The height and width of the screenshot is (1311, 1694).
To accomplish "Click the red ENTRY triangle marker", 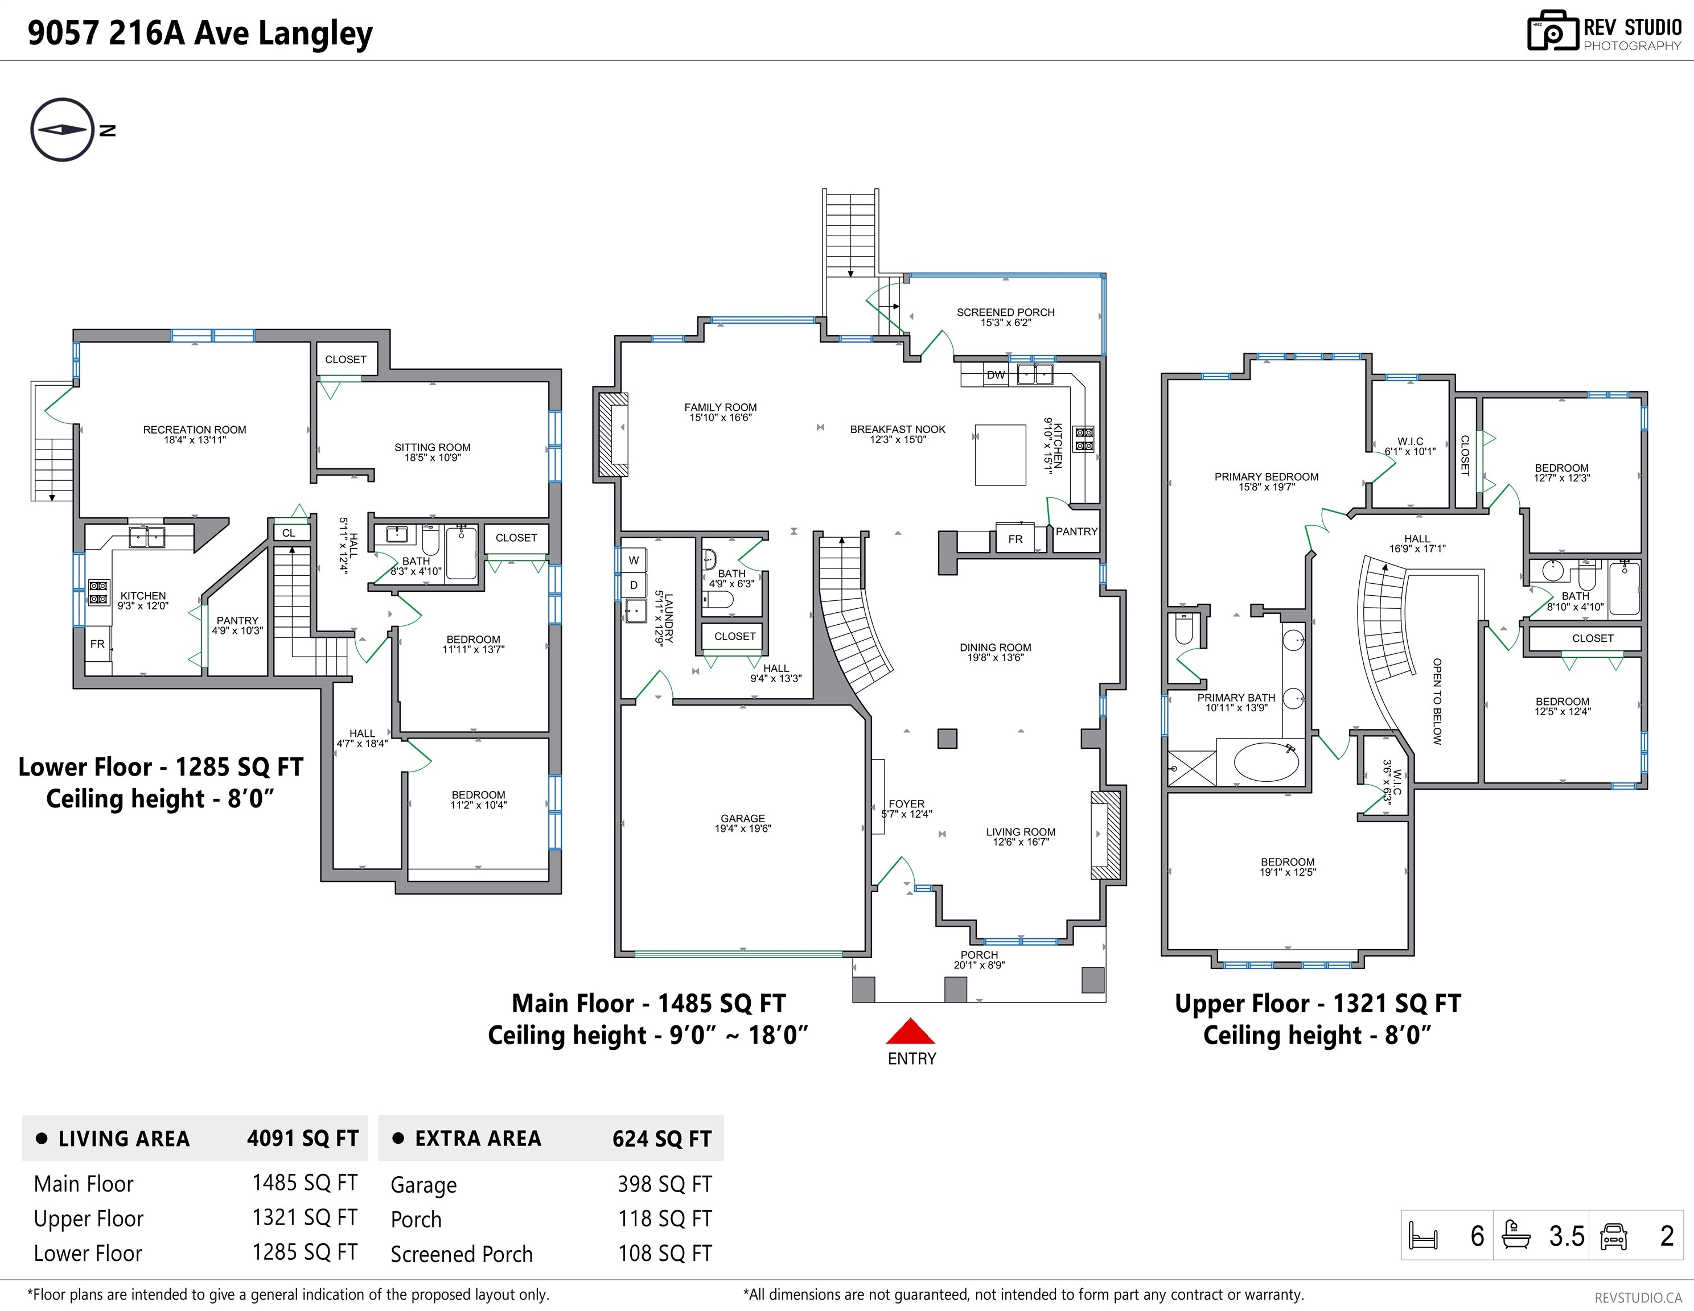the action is (x=911, y=1031).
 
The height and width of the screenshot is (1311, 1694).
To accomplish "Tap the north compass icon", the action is (x=63, y=130).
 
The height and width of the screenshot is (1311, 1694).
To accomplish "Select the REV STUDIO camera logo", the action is (x=1553, y=31).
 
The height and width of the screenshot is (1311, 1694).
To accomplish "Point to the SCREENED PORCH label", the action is (x=1005, y=312).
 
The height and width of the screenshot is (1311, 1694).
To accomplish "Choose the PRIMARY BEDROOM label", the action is (x=1266, y=477).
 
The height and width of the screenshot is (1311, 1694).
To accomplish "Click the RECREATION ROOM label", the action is (x=195, y=430).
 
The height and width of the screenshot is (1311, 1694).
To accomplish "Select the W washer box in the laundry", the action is (x=634, y=560).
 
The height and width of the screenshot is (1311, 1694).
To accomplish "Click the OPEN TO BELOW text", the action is (x=1437, y=702).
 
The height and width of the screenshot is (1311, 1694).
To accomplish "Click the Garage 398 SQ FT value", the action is (x=665, y=1184).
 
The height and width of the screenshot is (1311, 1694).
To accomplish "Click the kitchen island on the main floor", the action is (x=1001, y=454).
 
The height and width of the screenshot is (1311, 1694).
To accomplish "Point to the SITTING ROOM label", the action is (x=432, y=447).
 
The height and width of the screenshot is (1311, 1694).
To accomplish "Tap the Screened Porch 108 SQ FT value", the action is (x=665, y=1254).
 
